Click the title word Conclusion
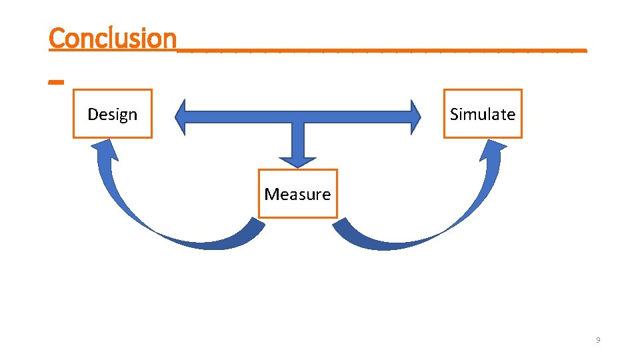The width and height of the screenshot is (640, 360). coord(112,38)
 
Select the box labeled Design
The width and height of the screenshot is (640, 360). coord(113,114)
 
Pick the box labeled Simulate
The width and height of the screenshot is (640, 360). coord(483,114)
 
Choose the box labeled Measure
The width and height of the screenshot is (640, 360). coord(297,194)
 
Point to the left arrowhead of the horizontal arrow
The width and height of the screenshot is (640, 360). coord(181,117)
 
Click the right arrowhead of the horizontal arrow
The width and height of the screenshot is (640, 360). coord(415,117)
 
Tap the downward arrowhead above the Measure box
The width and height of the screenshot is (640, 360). coord(297,161)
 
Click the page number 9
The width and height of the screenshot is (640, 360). coord(598,341)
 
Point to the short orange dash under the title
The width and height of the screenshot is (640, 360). coord(56,82)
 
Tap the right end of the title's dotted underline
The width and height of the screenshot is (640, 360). coord(585,49)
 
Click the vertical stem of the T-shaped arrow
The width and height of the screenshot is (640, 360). coord(297,140)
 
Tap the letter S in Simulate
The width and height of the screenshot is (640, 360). coord(454,114)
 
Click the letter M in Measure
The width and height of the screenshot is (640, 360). coord(270,194)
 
